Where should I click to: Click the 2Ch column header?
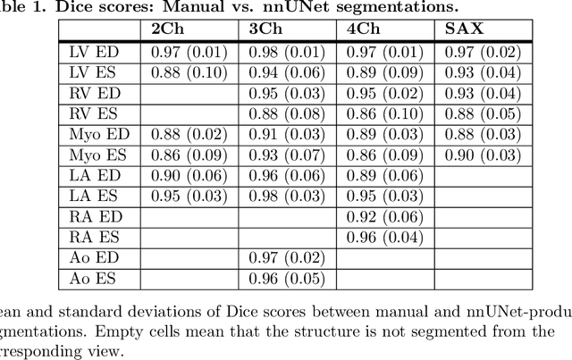[169, 29]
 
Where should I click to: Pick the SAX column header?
[464, 29]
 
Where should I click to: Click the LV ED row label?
[94, 52]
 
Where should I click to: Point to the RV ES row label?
[94, 113]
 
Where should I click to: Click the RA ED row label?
[94, 216]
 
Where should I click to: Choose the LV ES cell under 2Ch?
[190, 72]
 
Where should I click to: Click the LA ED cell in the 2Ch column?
[190, 175]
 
